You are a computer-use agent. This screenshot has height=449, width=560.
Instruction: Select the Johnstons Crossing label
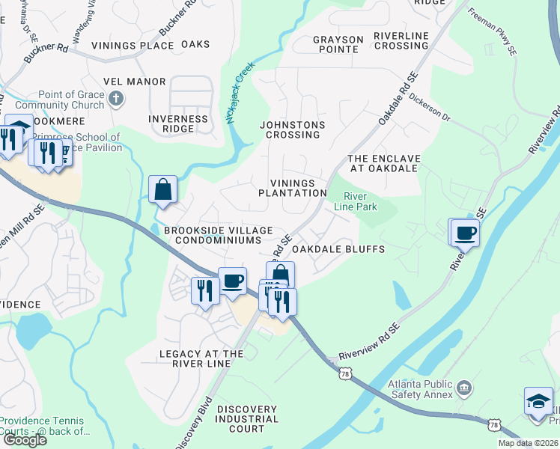point(290,129)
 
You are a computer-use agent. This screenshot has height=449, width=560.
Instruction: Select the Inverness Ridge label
point(178,123)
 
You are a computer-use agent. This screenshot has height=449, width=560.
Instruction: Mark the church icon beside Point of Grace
point(116,98)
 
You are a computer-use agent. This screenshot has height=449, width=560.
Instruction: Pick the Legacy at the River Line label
point(201,358)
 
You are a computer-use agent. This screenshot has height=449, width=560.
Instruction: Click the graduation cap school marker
point(538,402)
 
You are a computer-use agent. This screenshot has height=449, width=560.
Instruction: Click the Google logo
point(25,440)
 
